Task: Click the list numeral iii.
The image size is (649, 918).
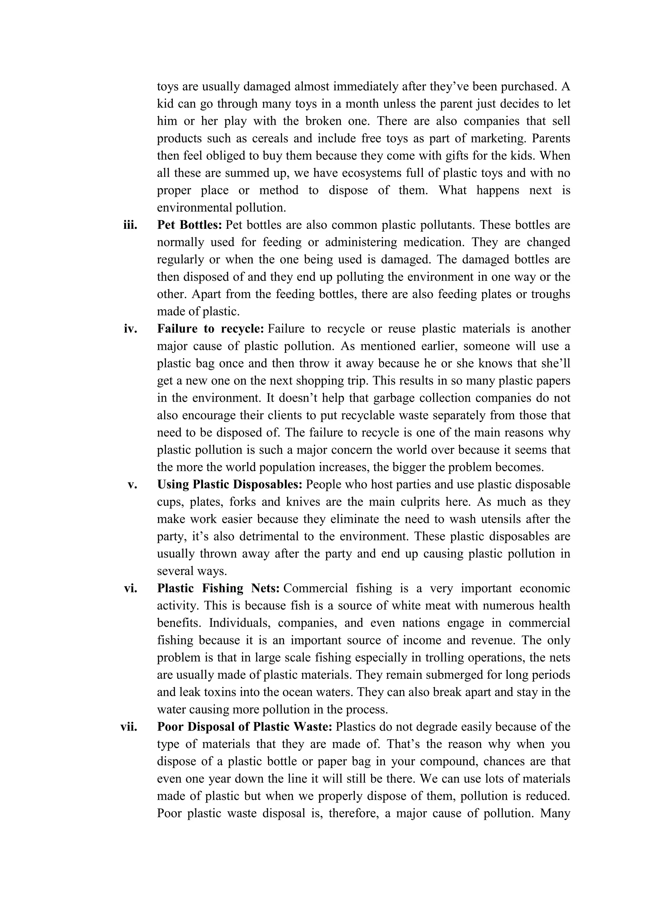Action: [x=130, y=225]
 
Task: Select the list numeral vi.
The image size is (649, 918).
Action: [x=130, y=588]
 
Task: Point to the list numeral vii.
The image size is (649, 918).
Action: [x=129, y=727]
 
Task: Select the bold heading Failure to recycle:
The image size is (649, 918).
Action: [x=211, y=329]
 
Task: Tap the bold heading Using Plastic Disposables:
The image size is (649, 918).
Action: [x=230, y=485]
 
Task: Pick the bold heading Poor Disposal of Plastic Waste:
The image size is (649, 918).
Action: [x=245, y=727]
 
